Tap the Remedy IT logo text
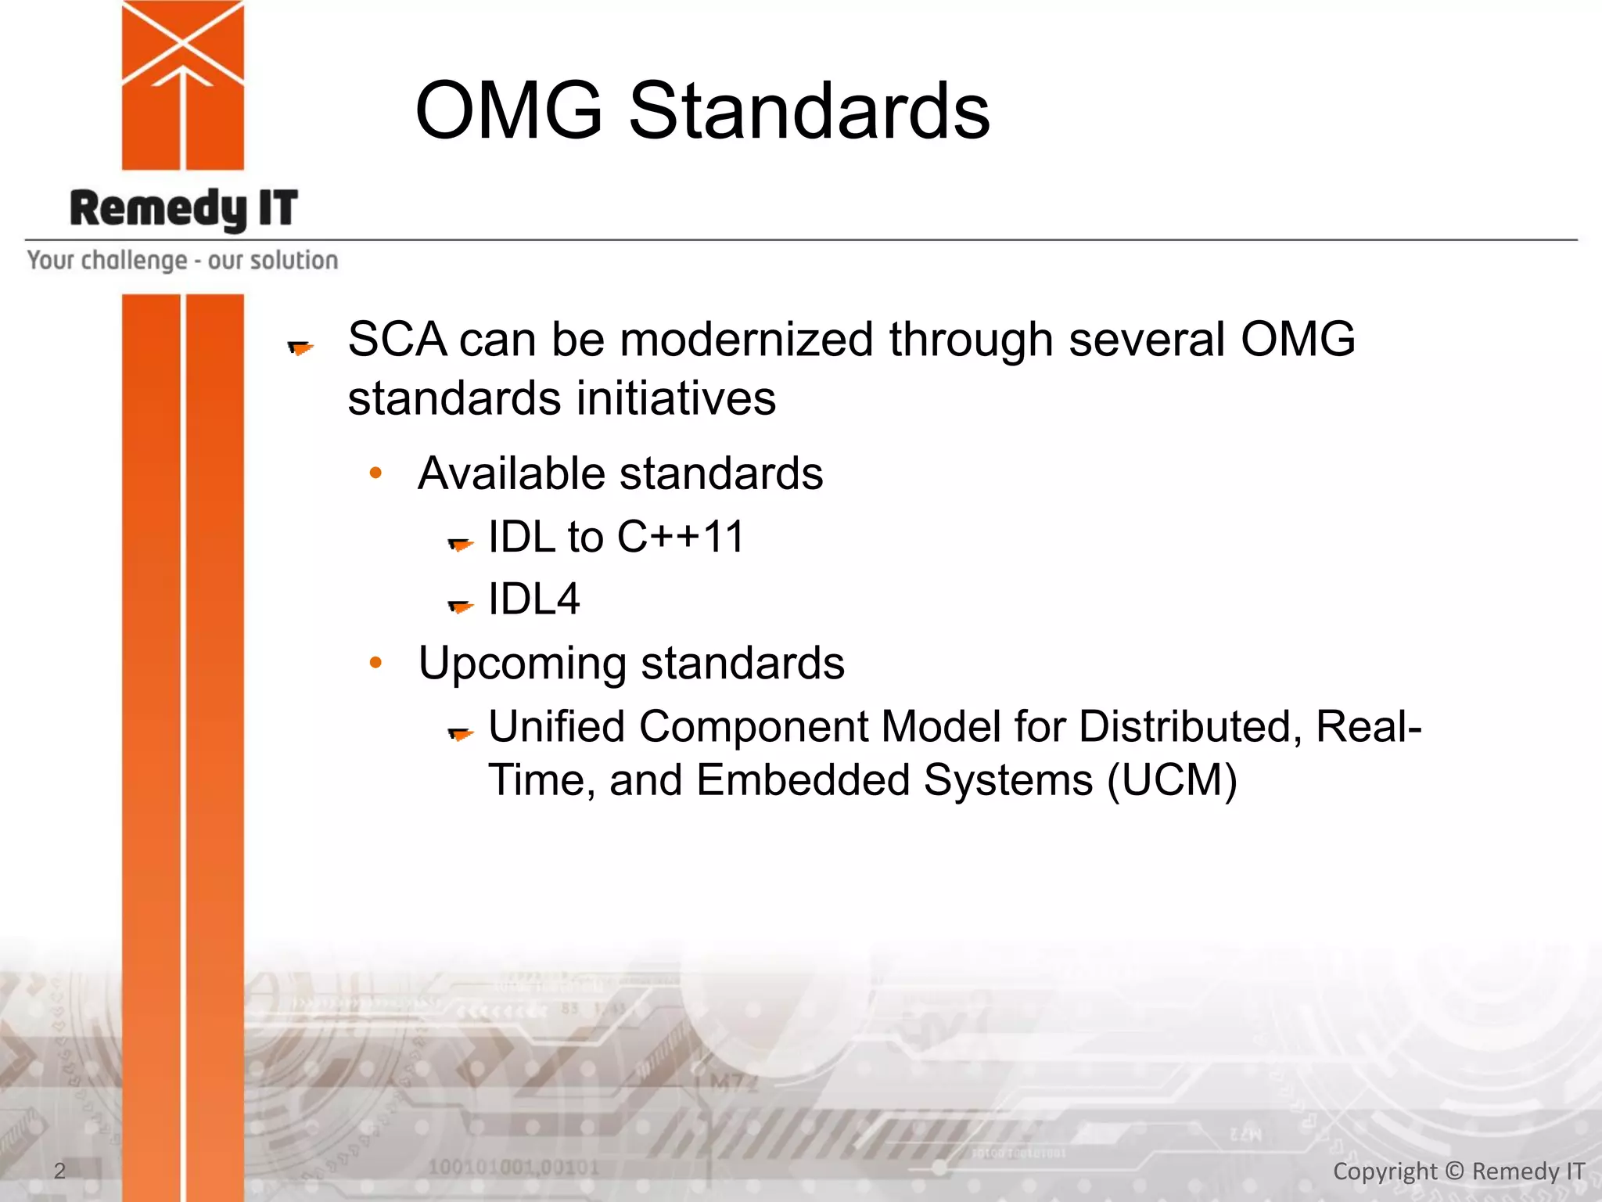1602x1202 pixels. pyautogui.click(x=184, y=209)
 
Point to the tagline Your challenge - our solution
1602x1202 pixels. pyautogui.click(x=182, y=260)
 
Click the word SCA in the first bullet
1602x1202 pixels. pyautogui.click(x=397, y=340)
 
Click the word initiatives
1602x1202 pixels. pyautogui.click(x=676, y=398)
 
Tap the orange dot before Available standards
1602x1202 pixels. pyautogui.click(x=376, y=473)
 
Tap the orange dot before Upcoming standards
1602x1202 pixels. pyautogui.click(x=376, y=663)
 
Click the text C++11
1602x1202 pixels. pyautogui.click(x=681, y=538)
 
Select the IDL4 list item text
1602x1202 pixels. pyautogui.click(x=533, y=599)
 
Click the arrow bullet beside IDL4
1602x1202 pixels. pyautogui.click(x=460, y=606)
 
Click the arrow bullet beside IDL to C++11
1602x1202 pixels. pyautogui.click(x=460, y=543)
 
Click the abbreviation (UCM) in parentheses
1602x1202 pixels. pyautogui.click(x=1172, y=780)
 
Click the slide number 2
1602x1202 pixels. pyautogui.click(x=59, y=1171)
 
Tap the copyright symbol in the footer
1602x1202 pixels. pyautogui.click(x=1454, y=1171)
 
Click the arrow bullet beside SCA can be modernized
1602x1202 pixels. pyautogui.click(x=300, y=347)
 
